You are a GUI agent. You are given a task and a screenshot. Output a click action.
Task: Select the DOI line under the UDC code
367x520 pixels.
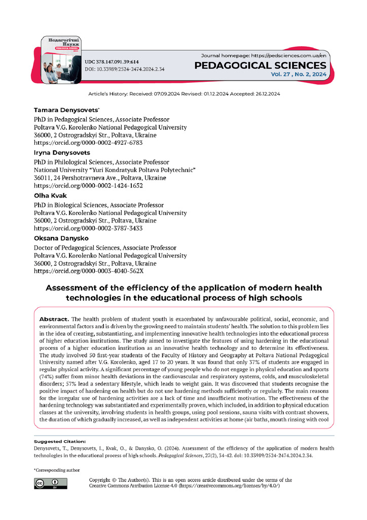[x=124, y=69]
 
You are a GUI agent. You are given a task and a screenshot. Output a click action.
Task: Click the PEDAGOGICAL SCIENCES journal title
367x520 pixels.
[x=261, y=65]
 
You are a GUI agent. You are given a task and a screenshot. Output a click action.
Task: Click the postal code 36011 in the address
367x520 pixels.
[x=43, y=178]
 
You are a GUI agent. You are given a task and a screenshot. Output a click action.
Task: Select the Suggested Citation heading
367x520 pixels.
[x=56, y=441]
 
